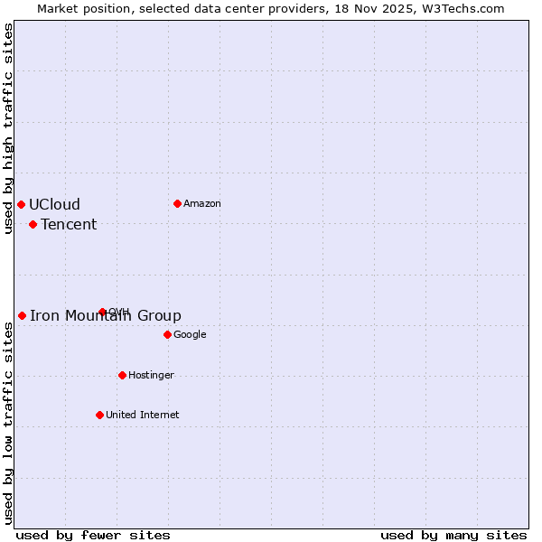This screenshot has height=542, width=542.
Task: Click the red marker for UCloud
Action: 21,204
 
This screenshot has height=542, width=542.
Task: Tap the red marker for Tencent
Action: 33,224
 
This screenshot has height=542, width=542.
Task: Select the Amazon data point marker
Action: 177,203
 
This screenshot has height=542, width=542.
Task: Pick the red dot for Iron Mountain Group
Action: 22,315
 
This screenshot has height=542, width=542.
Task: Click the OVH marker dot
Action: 102,312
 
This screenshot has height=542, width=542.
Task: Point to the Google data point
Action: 167,334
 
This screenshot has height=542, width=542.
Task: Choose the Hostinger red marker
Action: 122,375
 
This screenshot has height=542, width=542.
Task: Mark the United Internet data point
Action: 99,415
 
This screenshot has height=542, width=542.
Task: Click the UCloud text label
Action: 54,204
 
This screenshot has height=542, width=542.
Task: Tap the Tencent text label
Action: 69,224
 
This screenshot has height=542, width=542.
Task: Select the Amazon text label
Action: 202,203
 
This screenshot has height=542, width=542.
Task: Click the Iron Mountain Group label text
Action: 106,315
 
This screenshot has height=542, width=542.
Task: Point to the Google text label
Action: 190,334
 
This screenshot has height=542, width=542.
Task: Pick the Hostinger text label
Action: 151,375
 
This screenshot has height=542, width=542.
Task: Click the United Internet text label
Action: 142,415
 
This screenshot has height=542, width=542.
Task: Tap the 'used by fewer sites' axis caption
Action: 93,535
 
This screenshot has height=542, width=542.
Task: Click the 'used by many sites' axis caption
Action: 453,535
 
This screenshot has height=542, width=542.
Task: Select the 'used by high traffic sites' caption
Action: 8,128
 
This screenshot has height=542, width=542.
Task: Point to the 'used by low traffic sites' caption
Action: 8,423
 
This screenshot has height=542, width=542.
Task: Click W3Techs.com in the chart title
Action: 464,8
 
